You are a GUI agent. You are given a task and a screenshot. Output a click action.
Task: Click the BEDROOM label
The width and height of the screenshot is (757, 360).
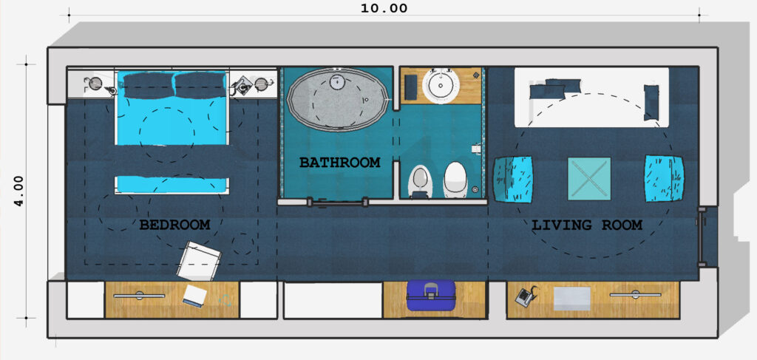point(174,225)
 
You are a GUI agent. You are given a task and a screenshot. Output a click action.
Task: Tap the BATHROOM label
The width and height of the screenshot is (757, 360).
point(339,162)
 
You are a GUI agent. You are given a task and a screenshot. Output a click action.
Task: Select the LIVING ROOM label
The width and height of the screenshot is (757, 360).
point(586,225)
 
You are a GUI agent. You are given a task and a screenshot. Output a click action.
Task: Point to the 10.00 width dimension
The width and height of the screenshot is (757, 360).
point(384,8)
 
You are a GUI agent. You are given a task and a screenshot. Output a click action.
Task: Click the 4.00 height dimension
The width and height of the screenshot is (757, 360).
point(18,191)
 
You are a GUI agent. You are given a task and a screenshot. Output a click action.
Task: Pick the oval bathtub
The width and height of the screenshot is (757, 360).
point(337,99)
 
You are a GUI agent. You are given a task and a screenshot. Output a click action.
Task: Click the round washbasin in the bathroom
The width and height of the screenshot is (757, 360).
point(441,86)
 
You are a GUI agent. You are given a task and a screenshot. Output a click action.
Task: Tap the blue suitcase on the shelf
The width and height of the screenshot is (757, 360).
point(431,295)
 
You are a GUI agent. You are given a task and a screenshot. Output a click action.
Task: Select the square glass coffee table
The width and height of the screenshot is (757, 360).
point(589,179)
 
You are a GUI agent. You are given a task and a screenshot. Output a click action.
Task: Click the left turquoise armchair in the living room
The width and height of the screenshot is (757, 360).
point(513,179)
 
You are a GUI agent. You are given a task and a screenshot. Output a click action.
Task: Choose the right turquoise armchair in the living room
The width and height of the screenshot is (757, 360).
point(665,179)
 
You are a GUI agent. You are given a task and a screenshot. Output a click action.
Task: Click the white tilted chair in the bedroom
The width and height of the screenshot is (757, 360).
point(198,261)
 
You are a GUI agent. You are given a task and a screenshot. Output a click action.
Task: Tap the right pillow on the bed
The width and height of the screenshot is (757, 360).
point(200,85)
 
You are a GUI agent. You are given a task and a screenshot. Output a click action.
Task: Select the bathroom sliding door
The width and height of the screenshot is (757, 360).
point(338,203)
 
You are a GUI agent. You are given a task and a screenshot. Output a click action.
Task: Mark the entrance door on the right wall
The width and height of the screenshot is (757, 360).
point(701,237)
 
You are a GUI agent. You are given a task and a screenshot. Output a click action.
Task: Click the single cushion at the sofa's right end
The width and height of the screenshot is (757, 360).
point(651,102)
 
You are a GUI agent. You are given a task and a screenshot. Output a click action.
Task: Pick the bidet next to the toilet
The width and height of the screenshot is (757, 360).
point(420,182)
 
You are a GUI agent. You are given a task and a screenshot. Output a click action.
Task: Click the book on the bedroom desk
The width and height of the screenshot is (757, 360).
point(194,296)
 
